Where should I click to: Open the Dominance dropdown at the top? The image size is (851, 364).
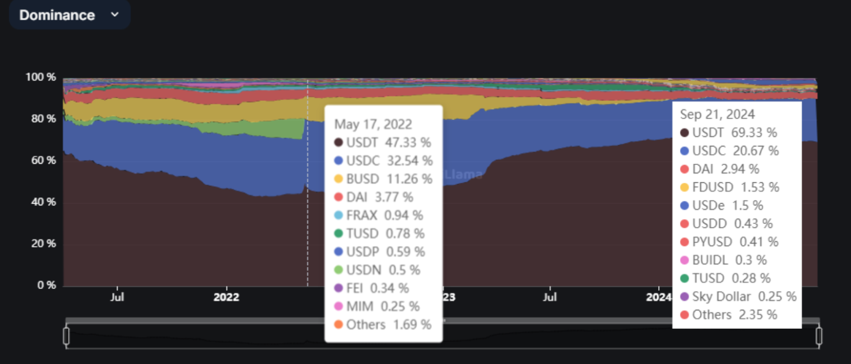(69, 15)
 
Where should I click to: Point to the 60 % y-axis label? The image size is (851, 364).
(42, 160)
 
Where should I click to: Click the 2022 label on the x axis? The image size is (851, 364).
(226, 298)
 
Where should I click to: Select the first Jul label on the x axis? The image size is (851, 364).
(117, 298)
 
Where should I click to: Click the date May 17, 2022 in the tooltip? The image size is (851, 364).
(373, 125)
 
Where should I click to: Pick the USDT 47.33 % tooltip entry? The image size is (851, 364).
(382, 142)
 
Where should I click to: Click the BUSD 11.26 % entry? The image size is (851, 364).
(383, 179)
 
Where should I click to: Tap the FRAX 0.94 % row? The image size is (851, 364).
(378, 215)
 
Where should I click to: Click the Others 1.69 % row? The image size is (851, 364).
(382, 324)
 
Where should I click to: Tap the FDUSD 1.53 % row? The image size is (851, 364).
(730, 187)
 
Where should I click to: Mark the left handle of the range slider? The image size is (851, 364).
(66, 336)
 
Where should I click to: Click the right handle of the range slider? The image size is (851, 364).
(819, 336)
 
